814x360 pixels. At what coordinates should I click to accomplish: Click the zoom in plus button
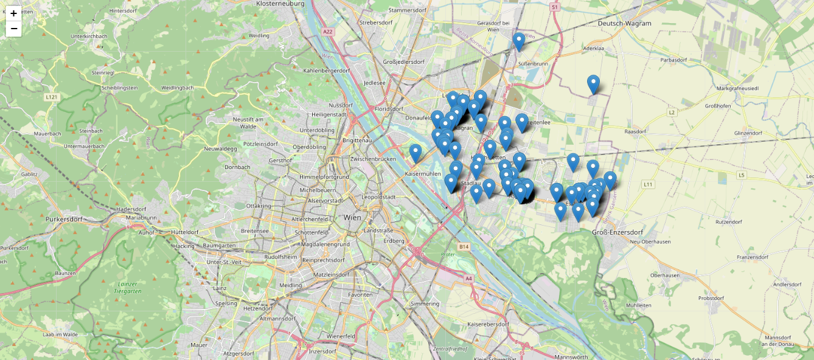[x=13, y=13]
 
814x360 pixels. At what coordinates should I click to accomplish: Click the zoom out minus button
[x=13, y=29]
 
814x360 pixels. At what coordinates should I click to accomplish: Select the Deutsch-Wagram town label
[x=624, y=24]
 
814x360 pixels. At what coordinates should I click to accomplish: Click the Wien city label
[x=352, y=217]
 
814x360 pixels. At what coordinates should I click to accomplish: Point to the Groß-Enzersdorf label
[x=617, y=232]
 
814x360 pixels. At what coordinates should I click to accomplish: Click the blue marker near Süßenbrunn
[x=518, y=41]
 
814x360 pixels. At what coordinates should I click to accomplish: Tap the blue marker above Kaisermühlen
[x=416, y=153]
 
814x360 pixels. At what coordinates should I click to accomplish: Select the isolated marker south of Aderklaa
[x=593, y=84]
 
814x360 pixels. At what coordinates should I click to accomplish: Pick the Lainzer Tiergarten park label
[x=128, y=288]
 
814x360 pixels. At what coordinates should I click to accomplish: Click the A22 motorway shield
[x=329, y=32]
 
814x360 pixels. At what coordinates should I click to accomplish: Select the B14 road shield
[x=464, y=246]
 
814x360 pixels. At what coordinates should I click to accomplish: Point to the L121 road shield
[x=51, y=97]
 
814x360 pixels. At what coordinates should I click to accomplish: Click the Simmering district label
[x=425, y=303]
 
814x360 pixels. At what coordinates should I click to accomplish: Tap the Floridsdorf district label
[x=389, y=109]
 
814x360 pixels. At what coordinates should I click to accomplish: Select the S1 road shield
[x=554, y=7]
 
